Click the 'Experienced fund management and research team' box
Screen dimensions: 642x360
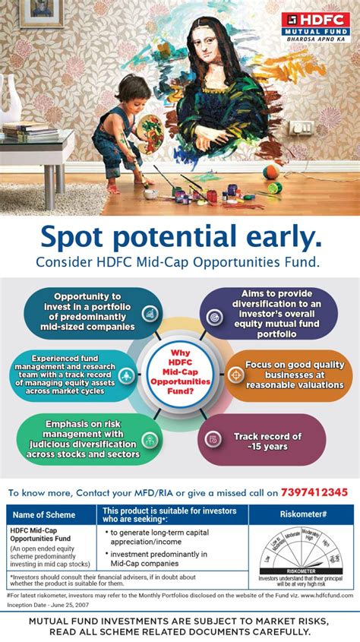coord(76,375)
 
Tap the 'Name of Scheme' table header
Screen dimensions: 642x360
coord(51,514)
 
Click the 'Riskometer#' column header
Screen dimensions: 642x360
coord(301,514)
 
